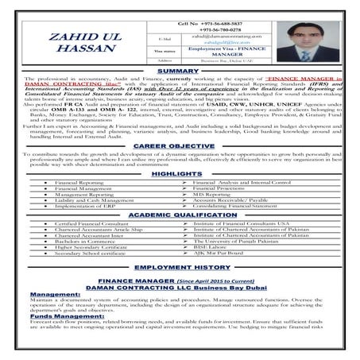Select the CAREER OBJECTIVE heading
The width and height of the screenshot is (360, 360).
[180, 147]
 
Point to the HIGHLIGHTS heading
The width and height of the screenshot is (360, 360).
[177, 173]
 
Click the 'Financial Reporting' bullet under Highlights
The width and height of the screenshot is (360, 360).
[79, 183]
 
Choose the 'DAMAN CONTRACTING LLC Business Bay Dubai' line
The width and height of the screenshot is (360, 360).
[180, 287]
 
